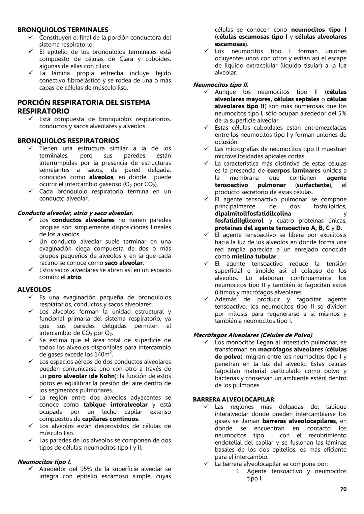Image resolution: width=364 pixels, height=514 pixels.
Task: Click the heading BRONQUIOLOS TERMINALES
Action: point(63,30)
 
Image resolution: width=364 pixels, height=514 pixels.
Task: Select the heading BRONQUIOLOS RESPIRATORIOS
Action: point(68,141)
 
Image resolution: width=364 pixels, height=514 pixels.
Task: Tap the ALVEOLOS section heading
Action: point(34,289)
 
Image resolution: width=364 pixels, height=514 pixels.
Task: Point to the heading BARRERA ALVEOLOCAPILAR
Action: point(233,399)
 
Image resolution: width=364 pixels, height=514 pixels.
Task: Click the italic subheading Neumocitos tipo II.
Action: point(220,85)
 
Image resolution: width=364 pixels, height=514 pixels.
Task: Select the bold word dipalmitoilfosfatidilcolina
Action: point(253,214)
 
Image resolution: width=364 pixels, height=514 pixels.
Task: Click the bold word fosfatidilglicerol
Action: point(239,221)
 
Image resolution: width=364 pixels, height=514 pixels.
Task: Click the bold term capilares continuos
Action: point(110,419)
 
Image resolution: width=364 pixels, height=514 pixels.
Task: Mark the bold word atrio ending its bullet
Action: point(74,277)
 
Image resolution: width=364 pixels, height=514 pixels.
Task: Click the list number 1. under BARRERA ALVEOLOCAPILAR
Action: point(238,471)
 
